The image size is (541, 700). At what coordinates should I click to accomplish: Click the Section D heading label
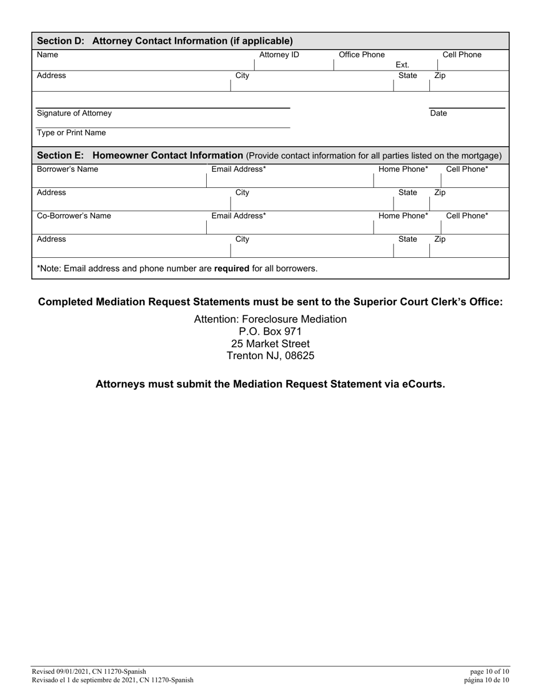pos(165,41)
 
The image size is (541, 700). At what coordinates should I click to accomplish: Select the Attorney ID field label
pos(279,55)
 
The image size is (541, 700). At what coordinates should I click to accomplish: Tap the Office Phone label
pos(362,55)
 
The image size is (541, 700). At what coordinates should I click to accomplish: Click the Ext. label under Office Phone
pos(402,65)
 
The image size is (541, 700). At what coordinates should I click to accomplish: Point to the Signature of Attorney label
pos(75,113)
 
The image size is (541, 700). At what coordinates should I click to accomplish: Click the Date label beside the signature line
pos(438,113)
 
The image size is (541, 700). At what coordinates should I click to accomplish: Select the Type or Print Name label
pos(71,133)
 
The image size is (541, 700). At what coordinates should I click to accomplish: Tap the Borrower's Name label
pos(67,170)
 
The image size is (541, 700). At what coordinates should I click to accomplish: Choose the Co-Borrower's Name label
pos(74,216)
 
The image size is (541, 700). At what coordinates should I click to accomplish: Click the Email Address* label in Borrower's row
pos(239,170)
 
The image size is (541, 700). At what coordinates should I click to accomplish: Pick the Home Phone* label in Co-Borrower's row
pos(403,216)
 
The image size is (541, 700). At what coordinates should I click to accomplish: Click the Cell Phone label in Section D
pos(462,55)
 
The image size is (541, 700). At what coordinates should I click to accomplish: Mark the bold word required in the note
pos(232,268)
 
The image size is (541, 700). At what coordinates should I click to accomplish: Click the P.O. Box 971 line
pos(270,331)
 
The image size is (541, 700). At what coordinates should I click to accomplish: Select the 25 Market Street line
pos(270,344)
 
